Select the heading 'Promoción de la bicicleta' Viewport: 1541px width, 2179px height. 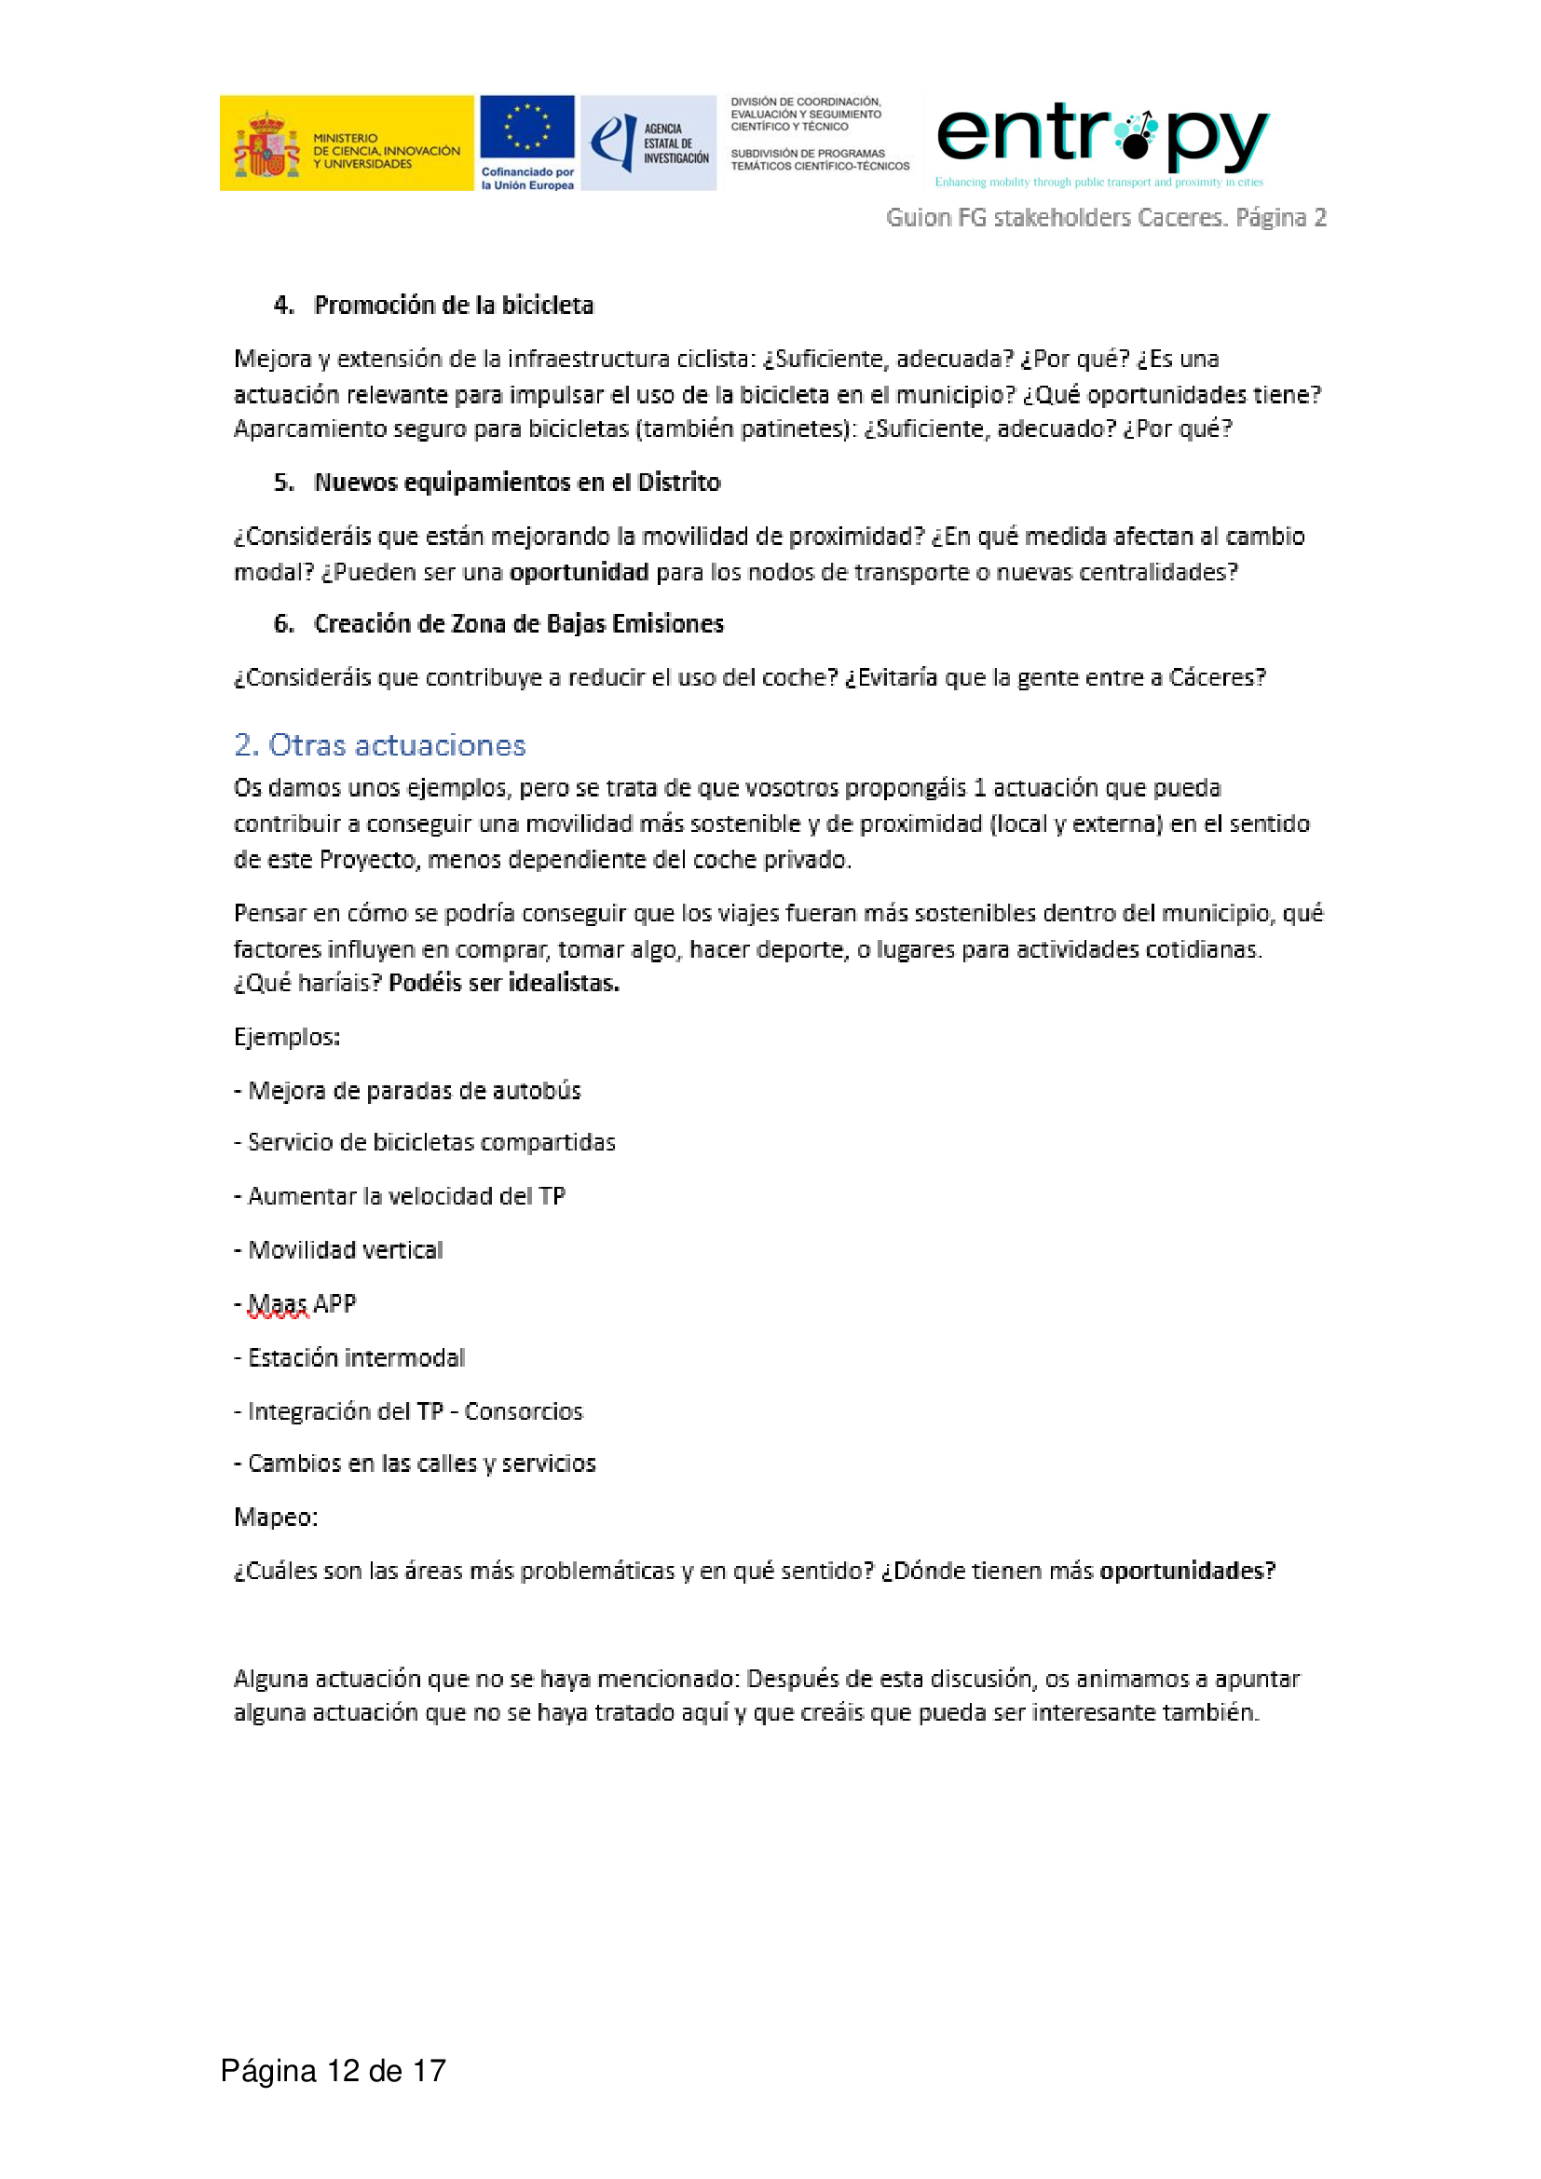coord(454,306)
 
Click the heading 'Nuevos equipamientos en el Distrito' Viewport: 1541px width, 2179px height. coord(517,483)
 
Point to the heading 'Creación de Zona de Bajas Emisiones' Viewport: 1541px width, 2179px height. coord(518,624)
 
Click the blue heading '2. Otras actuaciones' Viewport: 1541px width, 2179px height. coord(379,746)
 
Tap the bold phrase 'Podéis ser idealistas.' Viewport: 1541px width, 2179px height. coord(504,984)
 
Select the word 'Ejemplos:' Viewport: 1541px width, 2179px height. coord(287,1037)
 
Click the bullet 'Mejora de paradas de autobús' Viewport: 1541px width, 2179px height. coord(414,1092)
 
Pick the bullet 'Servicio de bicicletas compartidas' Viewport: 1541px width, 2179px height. coord(430,1143)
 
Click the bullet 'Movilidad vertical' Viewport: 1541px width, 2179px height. coord(346,1251)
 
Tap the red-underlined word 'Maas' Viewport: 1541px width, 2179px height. coord(278,1305)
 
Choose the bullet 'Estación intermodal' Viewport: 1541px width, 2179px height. coord(356,1358)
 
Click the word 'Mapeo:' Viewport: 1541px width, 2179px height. coord(276,1518)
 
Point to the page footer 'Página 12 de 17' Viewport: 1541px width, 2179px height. coord(333,2071)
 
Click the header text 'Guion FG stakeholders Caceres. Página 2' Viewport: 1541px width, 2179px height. coord(1106,218)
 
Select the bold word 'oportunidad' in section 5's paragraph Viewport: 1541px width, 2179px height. coord(579,573)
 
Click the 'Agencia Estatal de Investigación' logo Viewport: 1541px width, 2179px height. coord(648,143)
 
